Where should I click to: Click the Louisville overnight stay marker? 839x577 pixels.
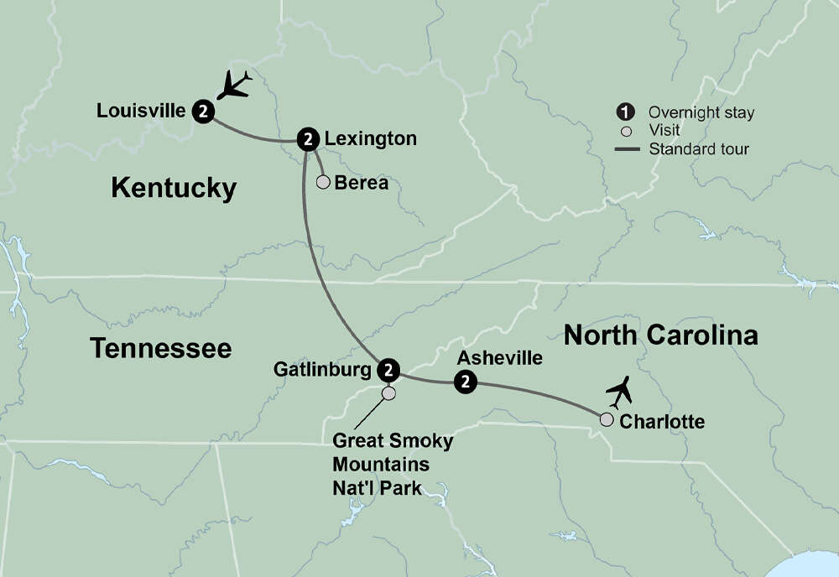click(204, 111)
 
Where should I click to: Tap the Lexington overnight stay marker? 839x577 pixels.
click(309, 138)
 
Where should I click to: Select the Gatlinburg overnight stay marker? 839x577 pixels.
click(388, 368)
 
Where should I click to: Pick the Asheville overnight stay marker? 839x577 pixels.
click(465, 382)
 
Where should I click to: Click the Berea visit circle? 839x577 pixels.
click(322, 182)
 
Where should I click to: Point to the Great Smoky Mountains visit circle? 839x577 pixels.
click(388, 392)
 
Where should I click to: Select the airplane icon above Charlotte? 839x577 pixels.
click(620, 392)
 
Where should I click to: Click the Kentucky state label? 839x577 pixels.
click(174, 188)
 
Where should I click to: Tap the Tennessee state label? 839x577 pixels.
click(160, 347)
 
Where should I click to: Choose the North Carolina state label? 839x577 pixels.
click(660, 335)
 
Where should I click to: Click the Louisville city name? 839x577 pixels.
click(141, 111)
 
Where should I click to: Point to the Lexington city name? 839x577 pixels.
click(371, 138)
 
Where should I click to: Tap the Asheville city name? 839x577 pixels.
click(499, 358)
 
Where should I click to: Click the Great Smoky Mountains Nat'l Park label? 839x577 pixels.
click(393, 464)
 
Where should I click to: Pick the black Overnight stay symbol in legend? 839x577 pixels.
click(624, 112)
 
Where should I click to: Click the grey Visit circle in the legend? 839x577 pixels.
click(624, 131)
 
